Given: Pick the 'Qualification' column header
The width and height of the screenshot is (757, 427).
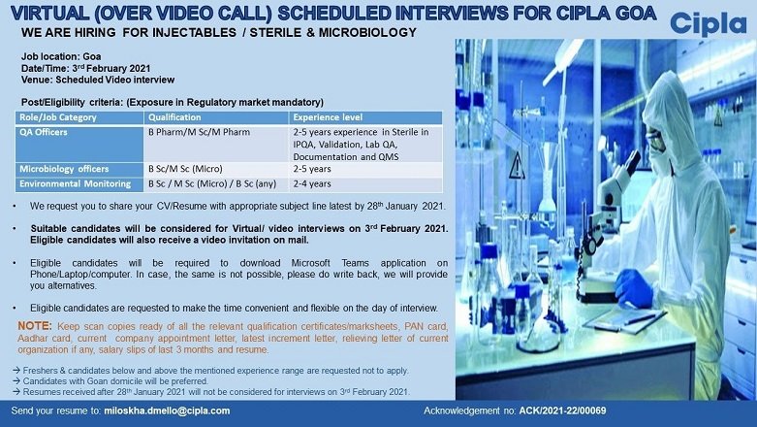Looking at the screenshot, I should (174, 116).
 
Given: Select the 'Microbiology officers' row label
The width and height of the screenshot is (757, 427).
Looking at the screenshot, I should (64, 169).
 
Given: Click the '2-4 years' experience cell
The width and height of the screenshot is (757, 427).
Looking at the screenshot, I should (312, 182).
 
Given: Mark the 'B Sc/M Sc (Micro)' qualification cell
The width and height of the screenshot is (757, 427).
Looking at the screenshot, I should (185, 169).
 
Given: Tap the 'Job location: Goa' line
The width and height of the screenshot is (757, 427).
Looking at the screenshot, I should (55, 58).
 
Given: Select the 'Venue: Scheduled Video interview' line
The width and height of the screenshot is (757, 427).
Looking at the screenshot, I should (89, 81).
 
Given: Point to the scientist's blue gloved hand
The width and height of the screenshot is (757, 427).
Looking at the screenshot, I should (635, 286).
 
